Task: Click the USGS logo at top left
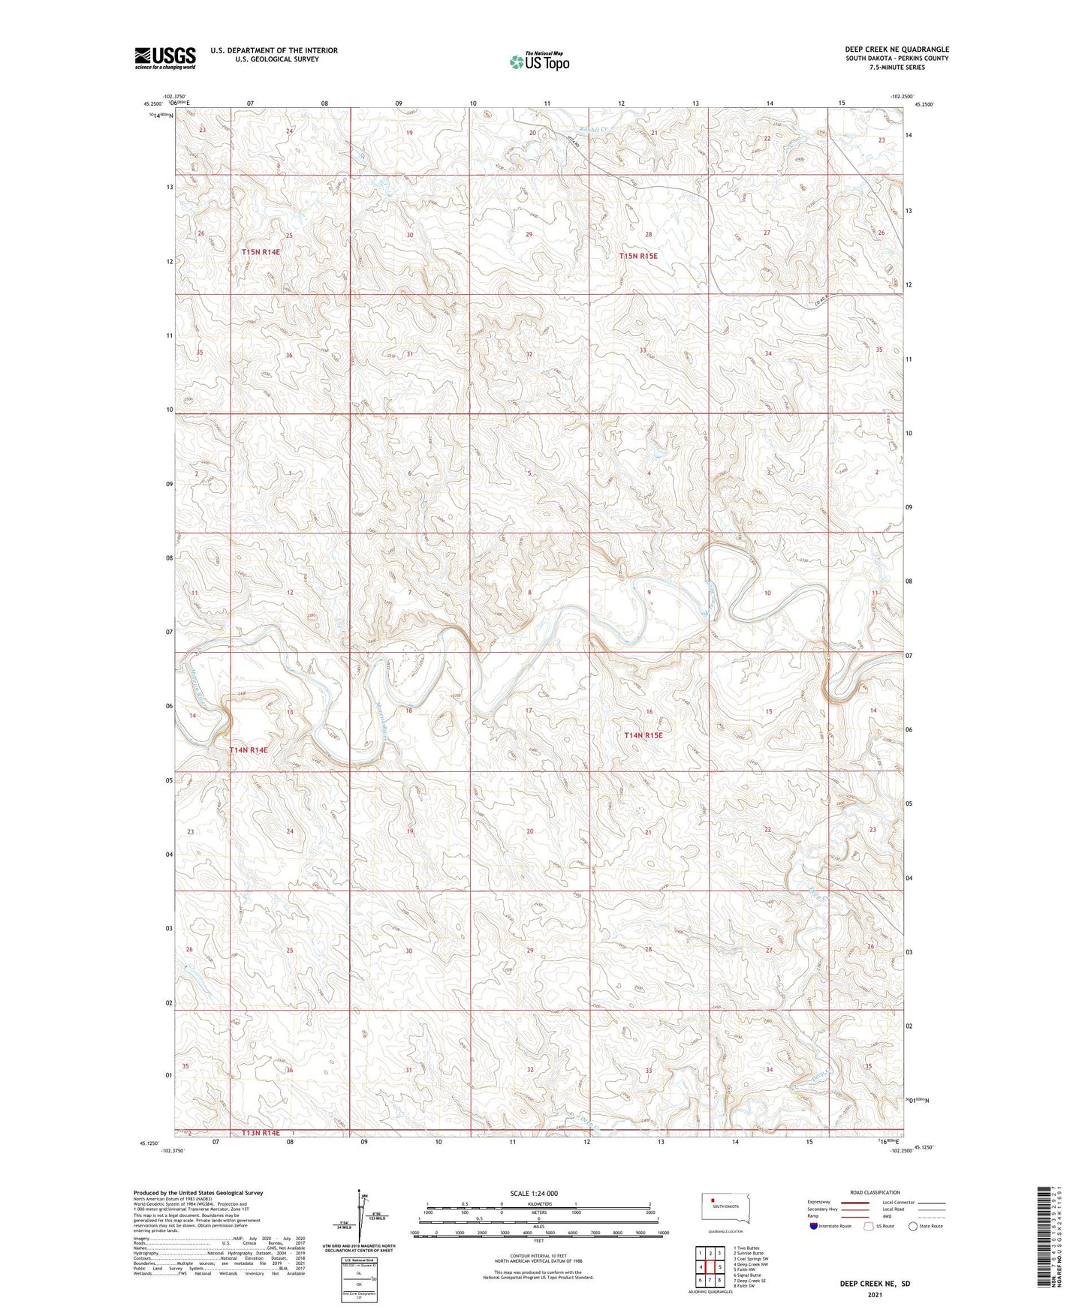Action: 164,58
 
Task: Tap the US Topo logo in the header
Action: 538,62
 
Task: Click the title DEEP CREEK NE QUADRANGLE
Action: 897,50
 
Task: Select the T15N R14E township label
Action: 261,252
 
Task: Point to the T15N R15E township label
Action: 638,256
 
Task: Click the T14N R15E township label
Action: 643,735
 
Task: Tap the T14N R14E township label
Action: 249,750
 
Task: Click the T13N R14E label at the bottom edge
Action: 261,1133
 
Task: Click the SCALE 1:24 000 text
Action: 533,1193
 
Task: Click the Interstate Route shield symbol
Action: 814,1226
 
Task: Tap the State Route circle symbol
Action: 912,1226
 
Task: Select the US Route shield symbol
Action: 870,1226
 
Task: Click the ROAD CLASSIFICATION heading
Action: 876,1192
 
